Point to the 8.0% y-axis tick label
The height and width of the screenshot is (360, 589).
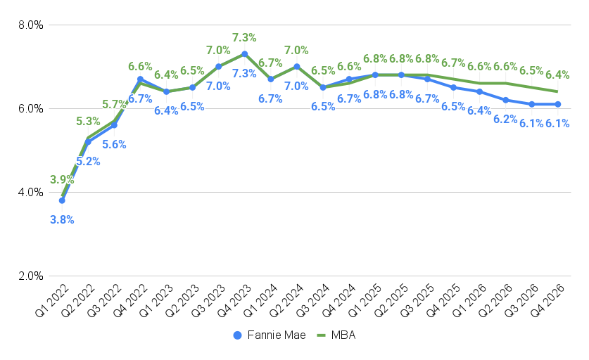pyautogui.click(x=30, y=25)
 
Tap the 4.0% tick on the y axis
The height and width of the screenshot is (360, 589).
pyautogui.click(x=30, y=192)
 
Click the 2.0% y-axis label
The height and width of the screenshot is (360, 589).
pyautogui.click(x=30, y=276)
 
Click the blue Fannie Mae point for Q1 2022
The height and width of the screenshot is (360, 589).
pyautogui.click(x=62, y=200)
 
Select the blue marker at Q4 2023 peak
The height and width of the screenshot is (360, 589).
pyautogui.click(x=244, y=54)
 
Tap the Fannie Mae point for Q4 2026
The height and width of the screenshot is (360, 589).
pyautogui.click(x=558, y=104)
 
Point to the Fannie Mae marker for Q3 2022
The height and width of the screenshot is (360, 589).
pyautogui.click(x=114, y=125)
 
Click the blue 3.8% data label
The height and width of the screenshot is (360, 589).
pyautogui.click(x=62, y=219)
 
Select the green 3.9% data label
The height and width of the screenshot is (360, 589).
pyautogui.click(x=62, y=180)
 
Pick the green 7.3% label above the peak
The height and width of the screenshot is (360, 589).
pyautogui.click(x=244, y=37)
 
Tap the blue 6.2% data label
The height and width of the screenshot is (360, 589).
pyautogui.click(x=506, y=119)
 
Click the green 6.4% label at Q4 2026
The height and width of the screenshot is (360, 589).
pyautogui.click(x=557, y=75)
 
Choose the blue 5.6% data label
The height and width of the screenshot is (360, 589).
pyautogui.click(x=114, y=145)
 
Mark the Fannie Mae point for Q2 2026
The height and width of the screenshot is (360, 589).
pyautogui.click(x=506, y=100)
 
